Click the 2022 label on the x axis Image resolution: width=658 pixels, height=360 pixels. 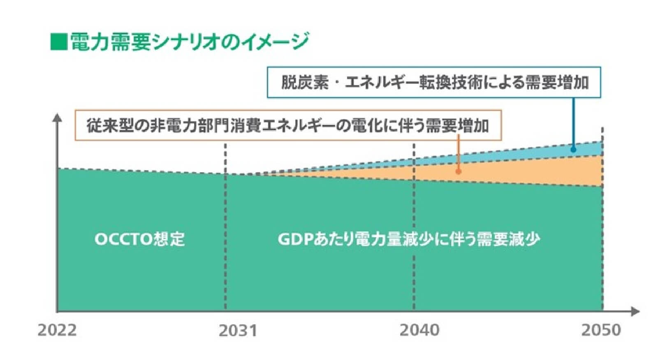pyautogui.click(x=57, y=330)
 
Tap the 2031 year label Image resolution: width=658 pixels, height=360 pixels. pyautogui.click(x=238, y=330)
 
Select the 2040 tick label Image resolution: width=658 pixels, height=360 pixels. pyautogui.click(x=419, y=330)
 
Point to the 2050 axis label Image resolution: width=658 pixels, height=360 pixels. pyautogui.click(x=600, y=330)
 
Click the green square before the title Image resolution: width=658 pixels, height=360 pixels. pyautogui.click(x=58, y=42)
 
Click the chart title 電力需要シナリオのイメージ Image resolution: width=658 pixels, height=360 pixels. pyautogui.click(x=189, y=42)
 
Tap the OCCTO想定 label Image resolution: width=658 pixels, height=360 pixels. pyautogui.click(x=139, y=239)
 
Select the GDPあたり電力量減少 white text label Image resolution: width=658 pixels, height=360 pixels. pyautogui.click(x=409, y=239)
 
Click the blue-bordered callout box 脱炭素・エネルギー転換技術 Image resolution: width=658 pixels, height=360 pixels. pyautogui.click(x=434, y=82)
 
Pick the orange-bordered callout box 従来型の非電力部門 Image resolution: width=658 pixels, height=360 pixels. pyautogui.click(x=288, y=125)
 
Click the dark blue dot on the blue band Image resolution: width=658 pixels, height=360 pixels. pyautogui.click(x=573, y=150)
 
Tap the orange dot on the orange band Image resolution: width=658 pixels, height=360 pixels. pyautogui.click(x=458, y=171)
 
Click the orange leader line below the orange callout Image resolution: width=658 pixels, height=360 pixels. pyautogui.click(x=458, y=154)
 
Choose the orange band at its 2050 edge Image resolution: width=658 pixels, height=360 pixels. pyautogui.click(x=592, y=171)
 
